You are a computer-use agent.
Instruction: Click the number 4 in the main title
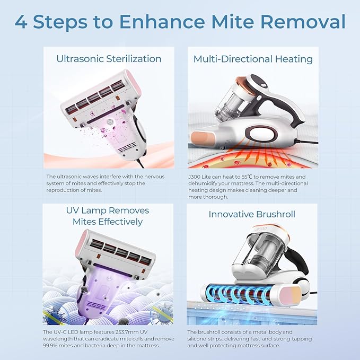pyautogui.click(x=21, y=22)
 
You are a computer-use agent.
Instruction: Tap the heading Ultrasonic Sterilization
pyautogui.click(x=109, y=59)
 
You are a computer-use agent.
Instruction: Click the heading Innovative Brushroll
pyautogui.click(x=251, y=215)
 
